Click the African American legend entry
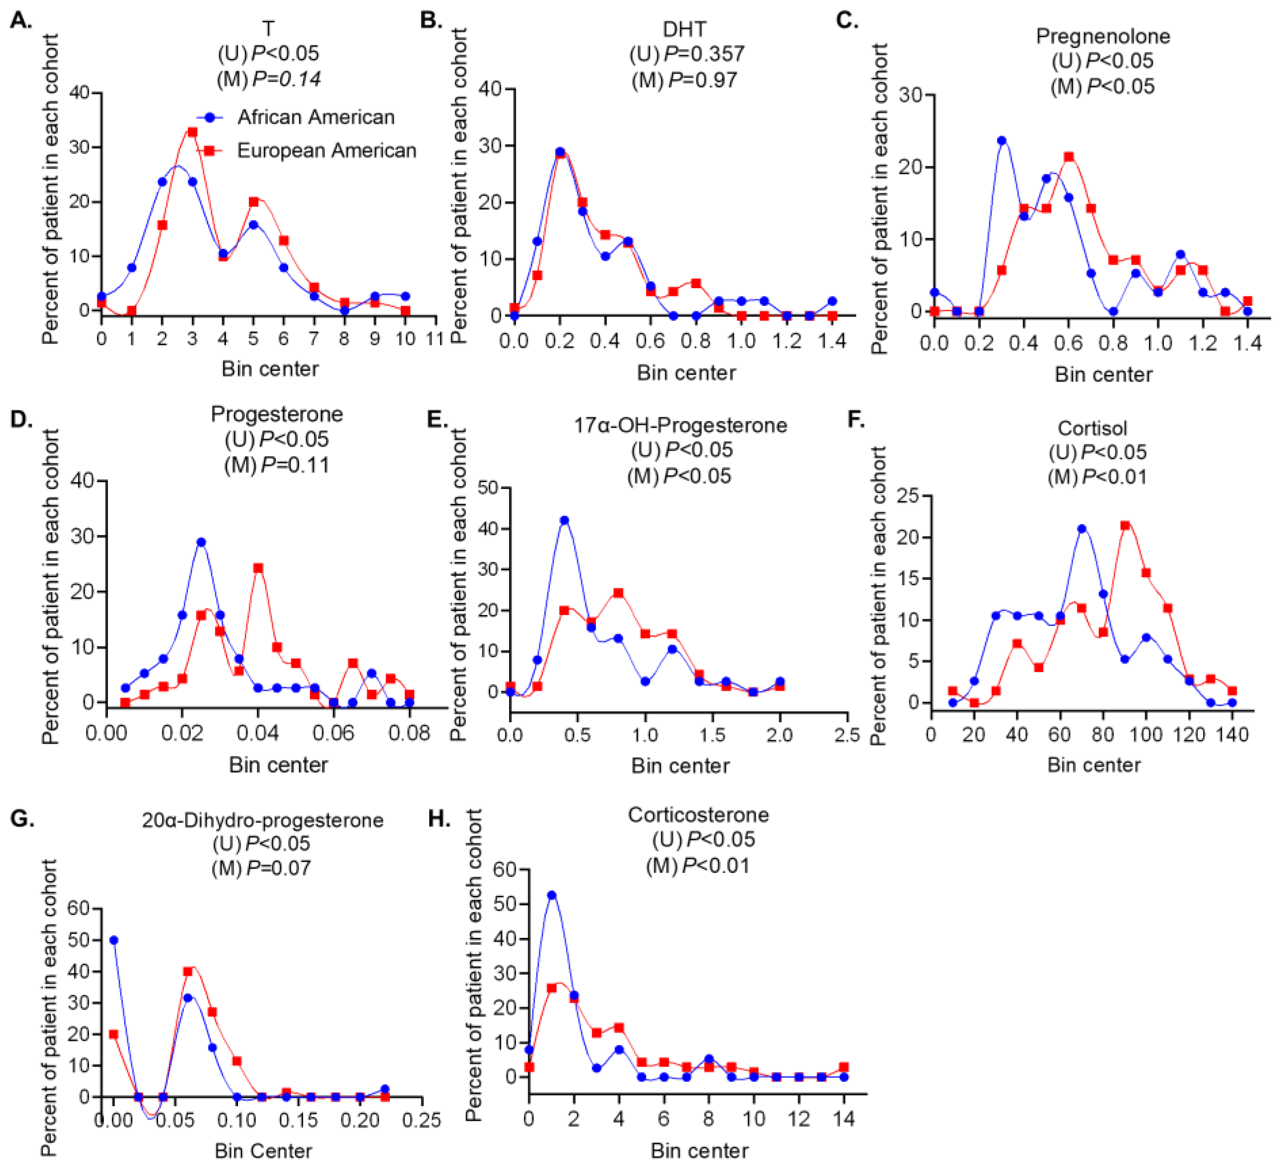315,117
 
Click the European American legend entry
326,150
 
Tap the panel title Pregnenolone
1103,36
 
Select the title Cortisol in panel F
1092,428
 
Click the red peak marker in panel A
192,132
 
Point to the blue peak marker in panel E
564,520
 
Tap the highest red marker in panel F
1125,525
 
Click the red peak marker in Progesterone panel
258,568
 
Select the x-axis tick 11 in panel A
435,339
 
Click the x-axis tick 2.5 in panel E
847,735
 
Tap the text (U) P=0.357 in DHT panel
687,54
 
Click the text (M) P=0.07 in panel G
261,868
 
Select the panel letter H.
439,818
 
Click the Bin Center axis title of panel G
263,1151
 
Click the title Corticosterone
698,815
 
